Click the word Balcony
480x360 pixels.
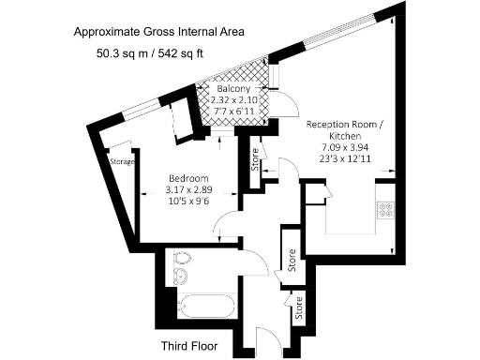tap(236, 90)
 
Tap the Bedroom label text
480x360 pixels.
tap(183, 178)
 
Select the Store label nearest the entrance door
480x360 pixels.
tap(300, 308)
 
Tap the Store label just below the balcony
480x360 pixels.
tap(254, 160)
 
